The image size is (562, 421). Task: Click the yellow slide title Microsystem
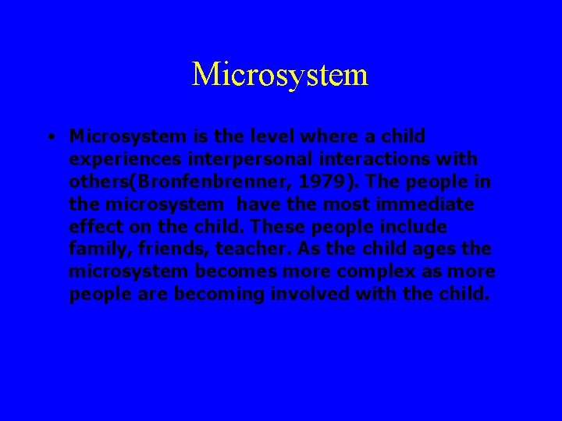[x=279, y=75]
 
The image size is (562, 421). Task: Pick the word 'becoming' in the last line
[x=212, y=295]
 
